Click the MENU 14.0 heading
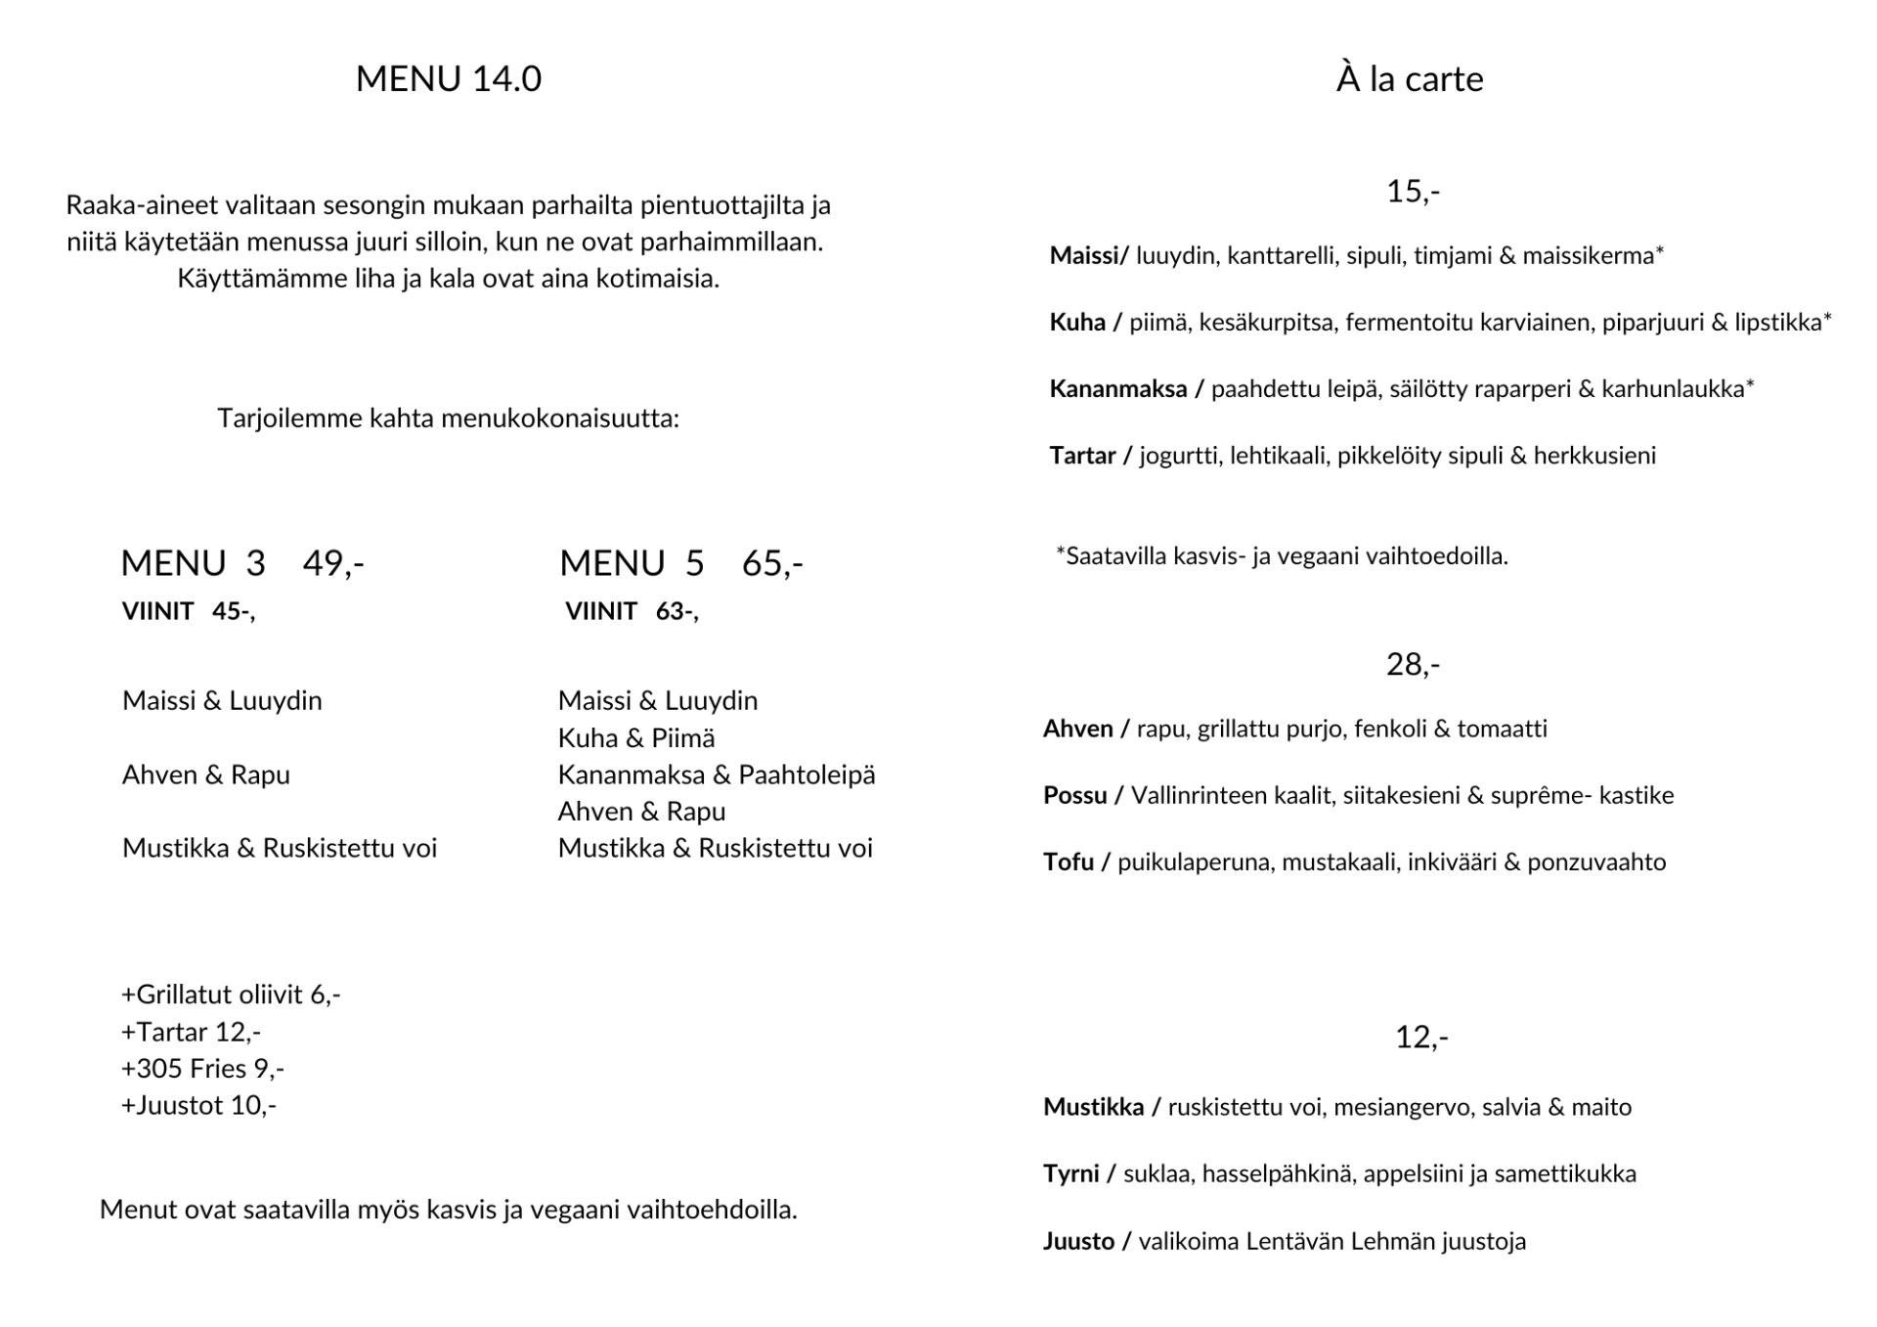[448, 79]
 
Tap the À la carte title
[1409, 79]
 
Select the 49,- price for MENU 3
[332, 563]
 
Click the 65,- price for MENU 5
[772, 563]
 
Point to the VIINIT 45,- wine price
[188, 612]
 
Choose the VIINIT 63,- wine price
[632, 612]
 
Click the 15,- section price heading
[1413, 192]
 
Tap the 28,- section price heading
[1413, 665]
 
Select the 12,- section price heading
[1420, 1037]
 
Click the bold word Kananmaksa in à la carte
[1117, 389]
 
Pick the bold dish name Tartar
[1082, 456]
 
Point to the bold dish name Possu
[1074, 795]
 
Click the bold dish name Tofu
[1068, 863]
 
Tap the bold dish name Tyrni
[1070, 1173]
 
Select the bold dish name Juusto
[1078, 1241]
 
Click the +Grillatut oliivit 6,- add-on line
[231, 995]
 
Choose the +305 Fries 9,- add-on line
[202, 1069]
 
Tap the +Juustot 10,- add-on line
[198, 1106]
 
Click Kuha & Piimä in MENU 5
[636, 738]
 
